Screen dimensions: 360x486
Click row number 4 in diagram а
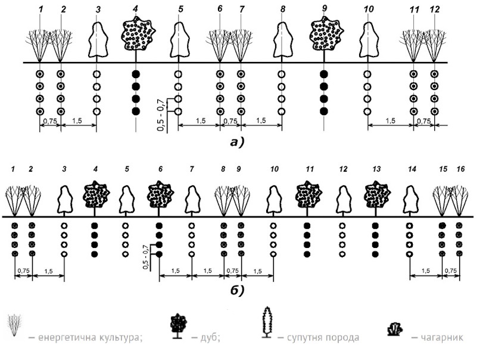[x=136, y=10]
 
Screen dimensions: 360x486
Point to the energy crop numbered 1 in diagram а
[x=40, y=45]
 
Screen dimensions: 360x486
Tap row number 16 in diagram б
[x=460, y=170]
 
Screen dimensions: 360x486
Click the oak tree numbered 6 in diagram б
[x=159, y=195]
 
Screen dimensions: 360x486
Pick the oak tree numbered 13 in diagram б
[x=376, y=195]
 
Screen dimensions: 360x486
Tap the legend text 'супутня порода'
[x=322, y=337]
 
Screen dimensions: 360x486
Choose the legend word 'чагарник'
[x=440, y=337]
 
